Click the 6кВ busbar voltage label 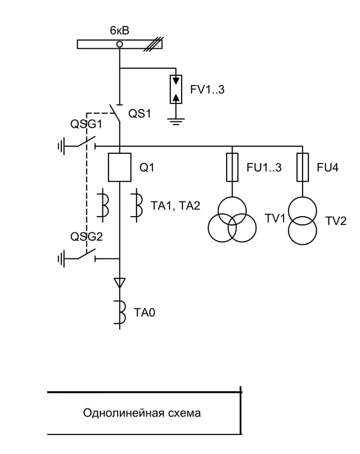pyautogui.click(x=119, y=30)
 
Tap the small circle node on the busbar pyautogui.click(x=119, y=44)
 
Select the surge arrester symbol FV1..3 pyautogui.click(x=176, y=89)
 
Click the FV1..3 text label pyautogui.click(x=207, y=89)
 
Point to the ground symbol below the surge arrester pyautogui.click(x=176, y=121)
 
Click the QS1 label pyautogui.click(x=140, y=114)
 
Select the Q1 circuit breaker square pyautogui.click(x=120, y=167)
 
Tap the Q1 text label pyautogui.click(x=147, y=167)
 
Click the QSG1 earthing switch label pyautogui.click(x=86, y=124)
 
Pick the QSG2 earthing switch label pyautogui.click(x=86, y=237)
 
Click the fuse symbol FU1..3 pyautogui.click(x=232, y=167)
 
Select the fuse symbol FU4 pyautogui.click(x=303, y=167)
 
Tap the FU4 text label pyautogui.click(x=327, y=167)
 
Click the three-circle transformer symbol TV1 pyautogui.click(x=232, y=219)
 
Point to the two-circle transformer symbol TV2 pyautogui.click(x=303, y=220)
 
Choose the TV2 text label pyautogui.click(x=336, y=221)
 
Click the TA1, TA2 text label pyautogui.click(x=175, y=206)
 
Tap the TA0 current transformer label pyautogui.click(x=144, y=313)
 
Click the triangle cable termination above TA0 pyautogui.click(x=120, y=283)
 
